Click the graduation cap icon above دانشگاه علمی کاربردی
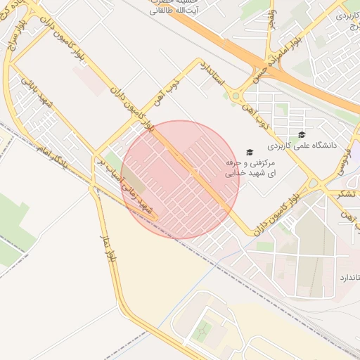(x=302, y=134)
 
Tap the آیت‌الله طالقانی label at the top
(x=172, y=11)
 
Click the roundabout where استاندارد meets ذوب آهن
(x=236, y=96)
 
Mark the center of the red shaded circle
(x=180, y=179)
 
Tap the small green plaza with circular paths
(x=203, y=330)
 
